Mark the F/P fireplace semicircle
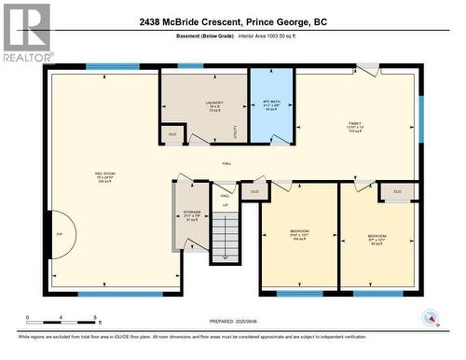pos(58,233)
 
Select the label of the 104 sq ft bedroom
pos(299,235)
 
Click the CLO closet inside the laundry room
pos(172,135)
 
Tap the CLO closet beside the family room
pos(398,191)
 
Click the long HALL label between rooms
pos(227,164)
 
